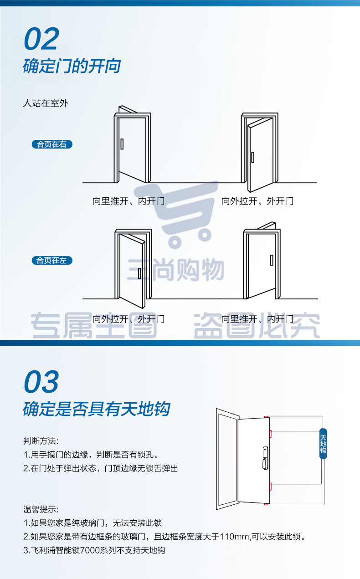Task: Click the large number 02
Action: (x=41, y=39)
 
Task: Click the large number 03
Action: (x=41, y=381)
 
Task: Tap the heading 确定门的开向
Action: (x=72, y=66)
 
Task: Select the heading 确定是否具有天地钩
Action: (x=97, y=409)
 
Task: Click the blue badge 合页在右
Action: (x=52, y=144)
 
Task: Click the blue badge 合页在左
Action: (x=52, y=260)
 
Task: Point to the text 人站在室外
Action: (x=46, y=103)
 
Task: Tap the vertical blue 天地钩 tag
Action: (x=323, y=444)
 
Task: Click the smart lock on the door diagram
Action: (x=265, y=458)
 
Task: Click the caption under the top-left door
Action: (x=129, y=201)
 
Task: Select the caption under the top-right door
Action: (x=257, y=201)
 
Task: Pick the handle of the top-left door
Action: (x=122, y=144)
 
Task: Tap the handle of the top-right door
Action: (x=253, y=157)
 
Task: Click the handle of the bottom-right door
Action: (x=272, y=260)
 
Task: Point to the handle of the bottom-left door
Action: (x=139, y=273)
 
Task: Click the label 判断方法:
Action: (x=41, y=441)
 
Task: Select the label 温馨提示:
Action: (x=41, y=509)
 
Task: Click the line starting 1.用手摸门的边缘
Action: (x=91, y=454)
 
